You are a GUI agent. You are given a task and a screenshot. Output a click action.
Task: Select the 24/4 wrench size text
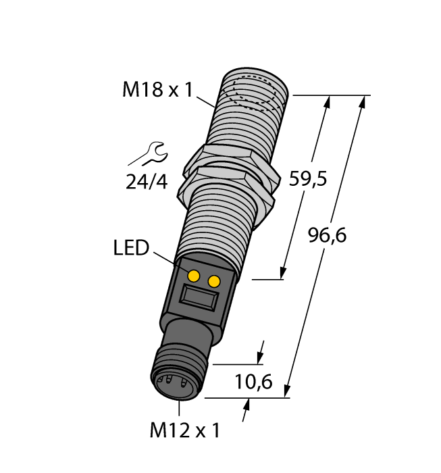click(x=147, y=181)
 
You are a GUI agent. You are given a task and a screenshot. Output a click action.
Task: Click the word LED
click(x=130, y=248)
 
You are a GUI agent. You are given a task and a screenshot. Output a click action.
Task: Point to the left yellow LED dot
click(x=194, y=275)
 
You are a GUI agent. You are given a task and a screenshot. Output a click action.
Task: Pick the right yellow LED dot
click(x=214, y=280)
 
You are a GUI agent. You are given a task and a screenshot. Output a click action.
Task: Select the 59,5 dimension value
click(x=308, y=179)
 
